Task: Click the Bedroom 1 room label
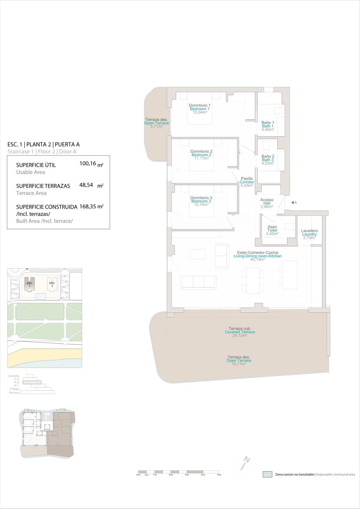coord(200,109)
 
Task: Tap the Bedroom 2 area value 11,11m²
coord(201,159)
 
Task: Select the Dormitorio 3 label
coord(201,198)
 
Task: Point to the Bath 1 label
coord(267,126)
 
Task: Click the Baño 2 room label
coord(267,156)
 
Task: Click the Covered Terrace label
coord(240,332)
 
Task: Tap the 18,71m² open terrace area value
coord(239,364)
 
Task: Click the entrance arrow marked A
coord(293,203)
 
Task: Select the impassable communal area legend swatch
coord(267,474)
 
